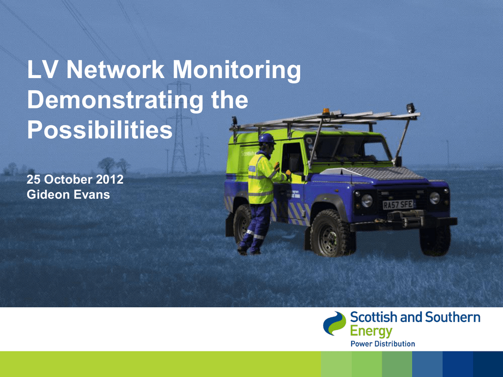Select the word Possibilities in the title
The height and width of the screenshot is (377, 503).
[100, 130]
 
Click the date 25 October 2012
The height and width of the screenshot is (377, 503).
[75, 179]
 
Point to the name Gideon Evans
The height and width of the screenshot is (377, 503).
[68, 194]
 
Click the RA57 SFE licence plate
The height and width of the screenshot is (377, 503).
[398, 205]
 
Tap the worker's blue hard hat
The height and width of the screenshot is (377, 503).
[267, 138]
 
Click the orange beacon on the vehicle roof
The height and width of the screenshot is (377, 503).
[326, 111]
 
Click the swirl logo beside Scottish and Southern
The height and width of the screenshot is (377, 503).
[335, 323]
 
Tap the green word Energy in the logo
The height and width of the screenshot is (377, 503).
[371, 331]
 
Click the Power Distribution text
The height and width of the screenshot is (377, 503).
[383, 344]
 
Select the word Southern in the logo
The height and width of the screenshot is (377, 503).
[452, 317]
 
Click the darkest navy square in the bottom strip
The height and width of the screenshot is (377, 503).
[488, 364]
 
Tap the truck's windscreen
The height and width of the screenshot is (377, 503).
[348, 149]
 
